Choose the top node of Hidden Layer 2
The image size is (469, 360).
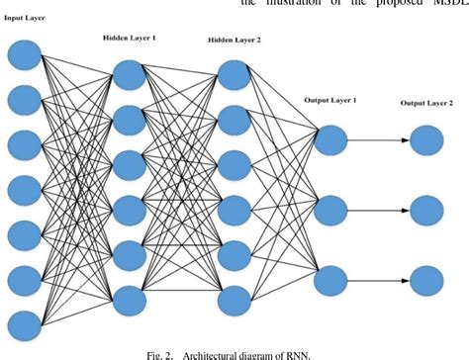coord(234,74)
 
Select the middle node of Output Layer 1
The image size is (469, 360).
coord(329,211)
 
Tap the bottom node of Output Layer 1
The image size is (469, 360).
coord(329,281)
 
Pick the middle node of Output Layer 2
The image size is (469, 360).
coord(427,209)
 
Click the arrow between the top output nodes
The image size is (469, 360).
coord(378,142)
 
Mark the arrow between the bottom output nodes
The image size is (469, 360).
coord(378,280)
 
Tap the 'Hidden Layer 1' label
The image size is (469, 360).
coord(134,38)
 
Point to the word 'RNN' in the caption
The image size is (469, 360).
coord(296,350)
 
